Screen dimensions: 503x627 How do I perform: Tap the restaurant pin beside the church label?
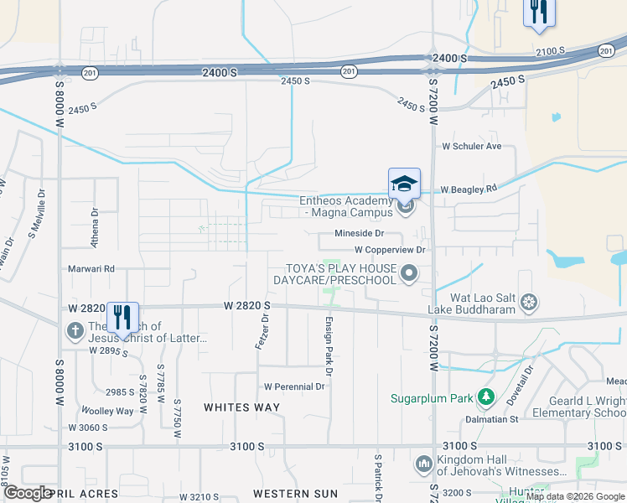tap(122, 318)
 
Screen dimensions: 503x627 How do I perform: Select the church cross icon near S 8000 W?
tap(75, 330)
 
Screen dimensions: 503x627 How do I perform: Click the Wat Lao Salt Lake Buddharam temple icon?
tap(528, 302)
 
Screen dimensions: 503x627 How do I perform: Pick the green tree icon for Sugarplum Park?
tap(484, 396)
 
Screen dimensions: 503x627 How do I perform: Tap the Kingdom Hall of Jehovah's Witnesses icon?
tap(423, 464)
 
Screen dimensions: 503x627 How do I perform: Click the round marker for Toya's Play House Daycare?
tap(409, 272)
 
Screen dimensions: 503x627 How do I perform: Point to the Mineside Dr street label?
tap(359, 234)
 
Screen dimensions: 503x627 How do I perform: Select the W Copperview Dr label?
tap(391, 250)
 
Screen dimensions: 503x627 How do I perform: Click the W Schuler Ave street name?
tap(472, 147)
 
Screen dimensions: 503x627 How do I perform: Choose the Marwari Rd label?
tap(91, 269)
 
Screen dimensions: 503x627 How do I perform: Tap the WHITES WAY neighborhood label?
tap(242, 407)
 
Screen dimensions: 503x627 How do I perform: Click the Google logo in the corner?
tap(27, 493)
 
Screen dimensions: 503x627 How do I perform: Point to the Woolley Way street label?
tap(106, 411)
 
